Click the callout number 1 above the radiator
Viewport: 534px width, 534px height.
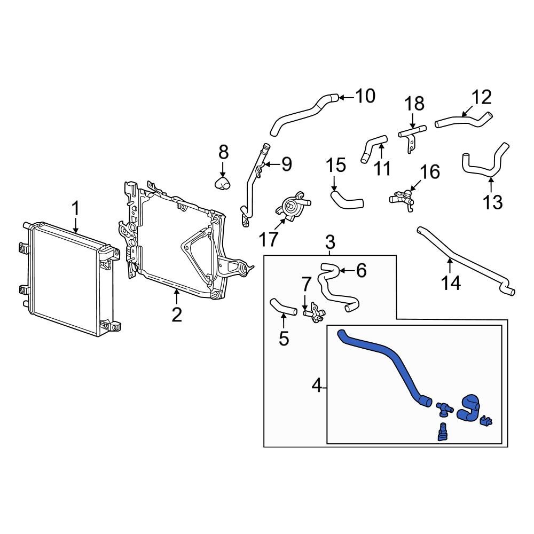coord(76,208)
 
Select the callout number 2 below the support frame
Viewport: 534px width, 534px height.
coord(177,315)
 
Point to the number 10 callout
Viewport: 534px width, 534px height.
coord(365,96)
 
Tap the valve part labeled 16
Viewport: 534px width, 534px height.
coord(403,199)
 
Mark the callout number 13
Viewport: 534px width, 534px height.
coord(492,202)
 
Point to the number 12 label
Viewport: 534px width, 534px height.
coord(481,98)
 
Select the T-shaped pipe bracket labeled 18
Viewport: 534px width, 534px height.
coord(412,132)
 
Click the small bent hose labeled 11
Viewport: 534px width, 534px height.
coord(373,146)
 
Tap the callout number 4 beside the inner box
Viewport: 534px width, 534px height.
coord(317,385)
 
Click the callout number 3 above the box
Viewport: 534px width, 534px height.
coord(330,242)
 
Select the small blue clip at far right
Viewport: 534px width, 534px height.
coord(486,422)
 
